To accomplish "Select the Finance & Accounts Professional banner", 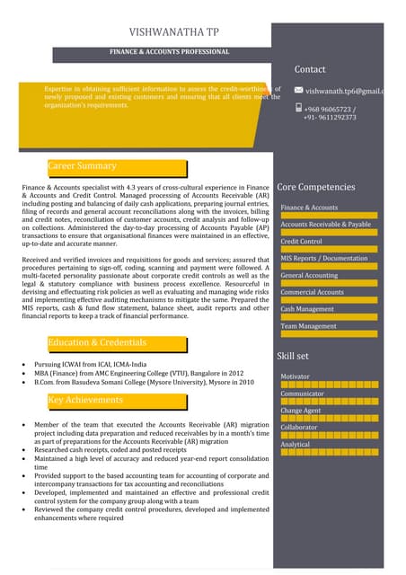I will coord(170,52).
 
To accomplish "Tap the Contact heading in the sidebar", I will coord(310,69).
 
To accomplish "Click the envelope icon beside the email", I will coord(298,90).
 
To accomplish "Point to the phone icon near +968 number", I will coord(298,108).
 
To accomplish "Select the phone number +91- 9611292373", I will coord(330,118).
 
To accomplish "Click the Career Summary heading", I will coord(82,166).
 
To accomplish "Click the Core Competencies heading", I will coord(316,187).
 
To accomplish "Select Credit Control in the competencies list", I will coord(301,242).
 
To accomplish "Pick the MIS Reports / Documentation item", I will coord(323,259).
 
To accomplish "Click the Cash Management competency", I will coord(307,309).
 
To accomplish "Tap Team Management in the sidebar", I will coord(308,326).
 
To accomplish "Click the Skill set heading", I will coord(293,356).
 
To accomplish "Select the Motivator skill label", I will coord(296,376).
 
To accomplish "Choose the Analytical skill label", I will coord(296,445).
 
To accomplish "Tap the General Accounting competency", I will coord(309,275).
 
